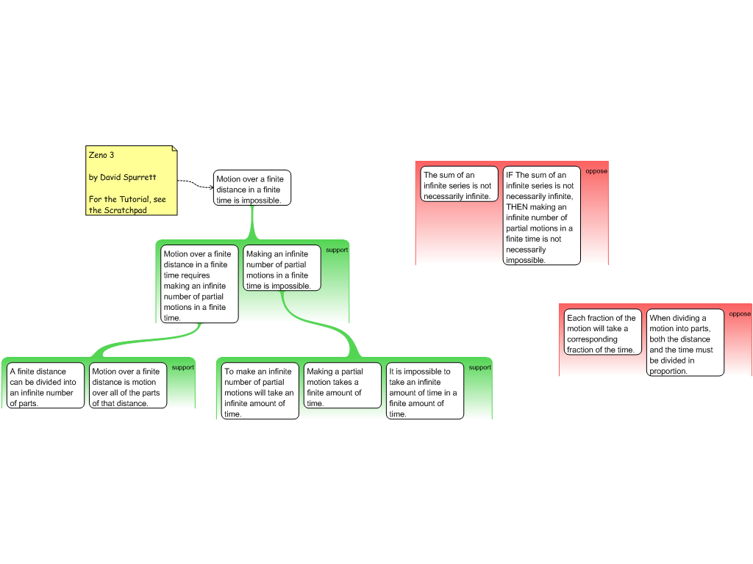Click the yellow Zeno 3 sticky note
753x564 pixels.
click(x=132, y=181)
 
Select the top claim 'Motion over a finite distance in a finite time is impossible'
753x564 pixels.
click(x=252, y=189)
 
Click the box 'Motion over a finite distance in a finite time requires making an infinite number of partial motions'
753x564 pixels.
click(x=200, y=285)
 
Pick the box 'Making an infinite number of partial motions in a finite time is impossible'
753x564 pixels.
click(x=282, y=269)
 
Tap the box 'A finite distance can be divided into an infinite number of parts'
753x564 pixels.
click(x=46, y=387)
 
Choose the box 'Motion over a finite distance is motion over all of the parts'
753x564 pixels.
click(x=128, y=387)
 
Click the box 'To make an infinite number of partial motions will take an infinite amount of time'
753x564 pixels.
click(x=260, y=391)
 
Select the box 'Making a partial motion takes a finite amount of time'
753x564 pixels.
click(x=343, y=386)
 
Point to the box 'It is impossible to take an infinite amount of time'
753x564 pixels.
click(x=425, y=391)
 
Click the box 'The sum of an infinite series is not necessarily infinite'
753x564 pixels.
click(x=460, y=185)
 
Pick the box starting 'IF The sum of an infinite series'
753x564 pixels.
click(x=542, y=217)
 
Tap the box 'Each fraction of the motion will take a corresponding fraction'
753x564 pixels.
click(x=603, y=333)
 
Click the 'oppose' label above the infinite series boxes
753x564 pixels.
click(x=596, y=171)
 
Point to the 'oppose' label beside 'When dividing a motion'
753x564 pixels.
click(x=740, y=314)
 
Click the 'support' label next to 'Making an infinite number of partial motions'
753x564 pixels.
click(x=337, y=250)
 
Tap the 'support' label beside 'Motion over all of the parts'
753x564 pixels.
click(x=182, y=367)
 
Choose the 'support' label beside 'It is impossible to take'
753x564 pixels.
click(x=479, y=367)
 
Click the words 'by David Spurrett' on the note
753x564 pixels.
click(x=122, y=177)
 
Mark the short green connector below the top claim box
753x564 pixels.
click(x=252, y=222)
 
